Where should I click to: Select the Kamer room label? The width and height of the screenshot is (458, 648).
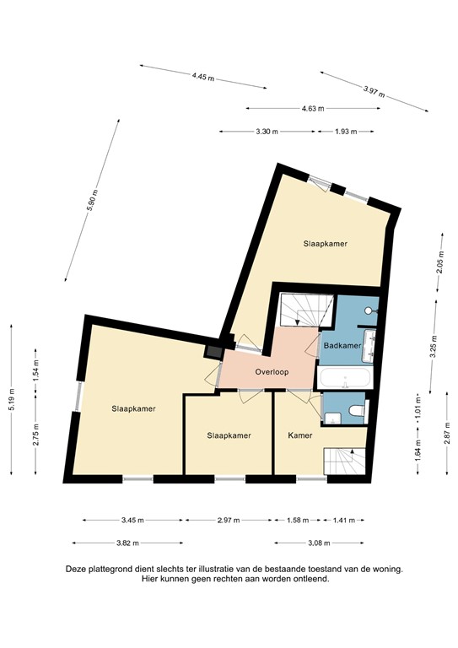(x=299, y=435)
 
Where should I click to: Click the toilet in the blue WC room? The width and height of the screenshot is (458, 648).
(x=355, y=409)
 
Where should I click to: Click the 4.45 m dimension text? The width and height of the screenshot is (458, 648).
(x=203, y=76)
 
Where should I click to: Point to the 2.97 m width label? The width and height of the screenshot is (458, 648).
(x=229, y=520)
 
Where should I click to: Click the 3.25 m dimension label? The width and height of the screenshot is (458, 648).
(x=432, y=348)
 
